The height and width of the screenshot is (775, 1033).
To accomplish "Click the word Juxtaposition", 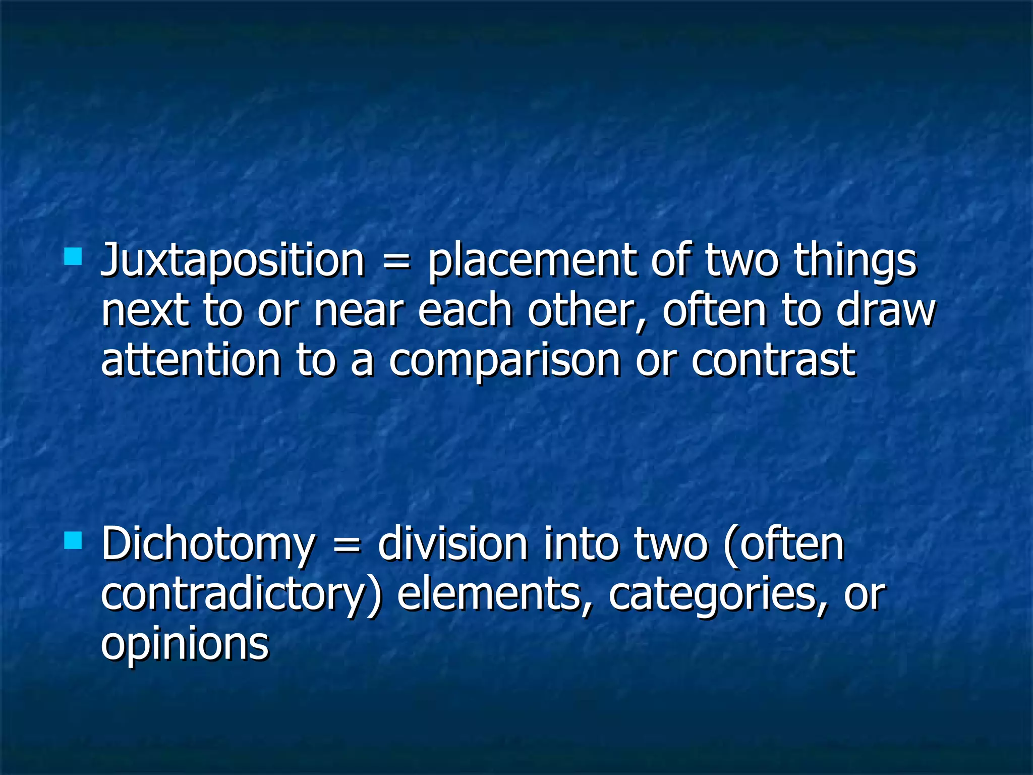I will click(233, 261).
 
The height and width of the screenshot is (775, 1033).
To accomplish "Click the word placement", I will click(532, 261).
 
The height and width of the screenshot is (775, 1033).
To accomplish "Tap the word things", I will click(855, 261).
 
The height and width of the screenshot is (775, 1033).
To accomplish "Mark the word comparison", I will click(504, 362).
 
